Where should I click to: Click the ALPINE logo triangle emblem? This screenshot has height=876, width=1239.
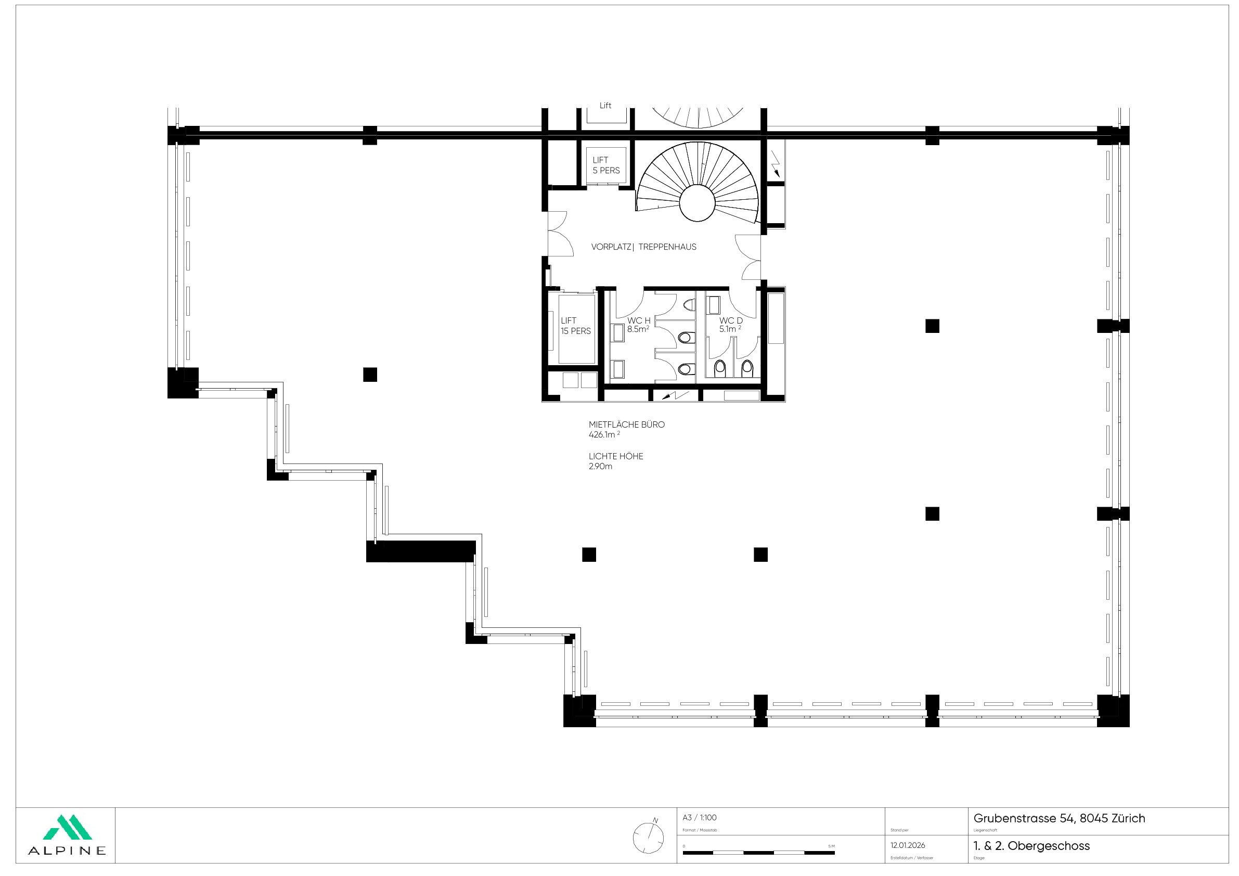tap(67, 827)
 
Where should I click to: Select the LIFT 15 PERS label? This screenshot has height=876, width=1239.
tap(575, 326)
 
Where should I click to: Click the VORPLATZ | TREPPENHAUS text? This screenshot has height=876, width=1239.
tap(644, 247)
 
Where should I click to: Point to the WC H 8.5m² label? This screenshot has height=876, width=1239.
tap(638, 325)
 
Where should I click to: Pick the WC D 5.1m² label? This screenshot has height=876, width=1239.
tap(731, 325)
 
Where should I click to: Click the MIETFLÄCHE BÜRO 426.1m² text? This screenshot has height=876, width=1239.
tap(626, 429)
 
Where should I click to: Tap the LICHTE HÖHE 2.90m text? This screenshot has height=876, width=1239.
tap(616, 461)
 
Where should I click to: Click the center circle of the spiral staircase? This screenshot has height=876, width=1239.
tap(698, 203)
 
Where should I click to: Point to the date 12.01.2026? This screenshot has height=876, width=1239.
tap(908, 845)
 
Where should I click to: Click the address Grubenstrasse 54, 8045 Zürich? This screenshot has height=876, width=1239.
tap(1059, 819)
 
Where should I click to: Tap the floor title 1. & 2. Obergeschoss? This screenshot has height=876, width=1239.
tap(1031, 846)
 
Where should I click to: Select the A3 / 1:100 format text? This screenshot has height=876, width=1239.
tap(700, 818)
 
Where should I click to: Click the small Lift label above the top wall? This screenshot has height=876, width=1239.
tap(605, 106)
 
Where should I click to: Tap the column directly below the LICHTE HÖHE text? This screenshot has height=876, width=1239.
tap(589, 555)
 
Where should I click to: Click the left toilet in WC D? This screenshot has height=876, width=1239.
tap(720, 368)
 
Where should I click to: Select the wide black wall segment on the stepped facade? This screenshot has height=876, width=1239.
tap(420, 551)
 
